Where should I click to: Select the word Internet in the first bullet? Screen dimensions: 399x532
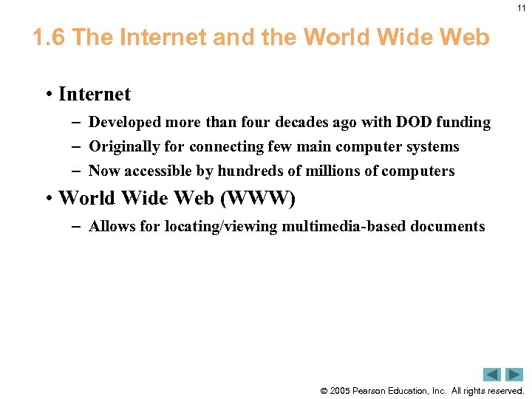pyautogui.click(x=94, y=95)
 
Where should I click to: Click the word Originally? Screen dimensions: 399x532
pyautogui.click(x=124, y=147)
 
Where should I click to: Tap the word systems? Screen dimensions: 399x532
pyautogui.click(x=432, y=147)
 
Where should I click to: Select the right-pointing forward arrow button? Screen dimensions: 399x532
pyautogui.click(x=514, y=375)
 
